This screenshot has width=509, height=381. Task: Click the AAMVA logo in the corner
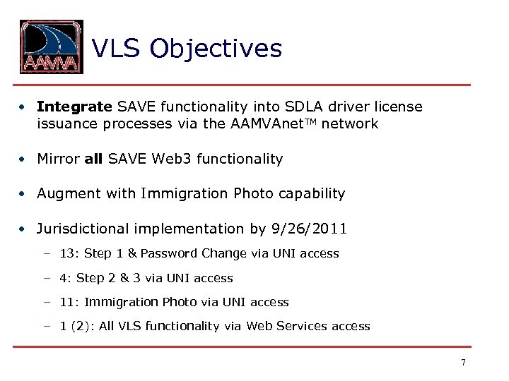(x=51, y=47)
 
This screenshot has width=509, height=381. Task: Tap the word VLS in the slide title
(x=117, y=49)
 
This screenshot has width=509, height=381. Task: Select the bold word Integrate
(x=74, y=107)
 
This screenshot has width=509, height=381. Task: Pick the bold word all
(x=93, y=159)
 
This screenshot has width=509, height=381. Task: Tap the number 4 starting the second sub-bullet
(x=63, y=278)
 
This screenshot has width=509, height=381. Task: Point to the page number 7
(x=463, y=363)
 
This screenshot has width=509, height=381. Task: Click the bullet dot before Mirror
(x=23, y=159)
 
